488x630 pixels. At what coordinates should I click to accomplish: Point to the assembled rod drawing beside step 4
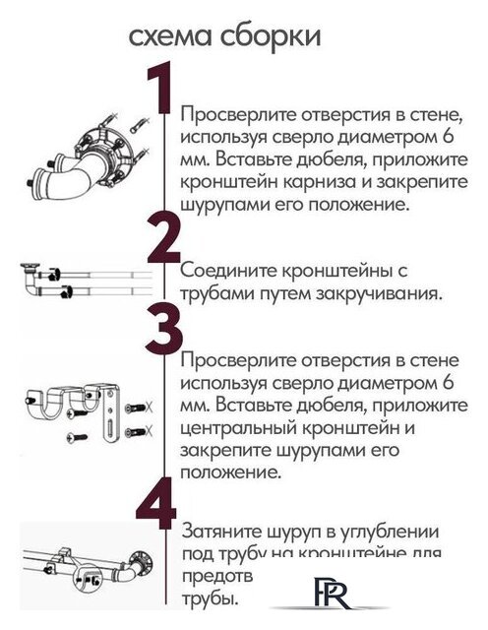[84, 572]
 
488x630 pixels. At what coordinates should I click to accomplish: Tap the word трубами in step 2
[217, 292]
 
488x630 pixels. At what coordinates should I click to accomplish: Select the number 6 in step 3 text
[450, 382]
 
